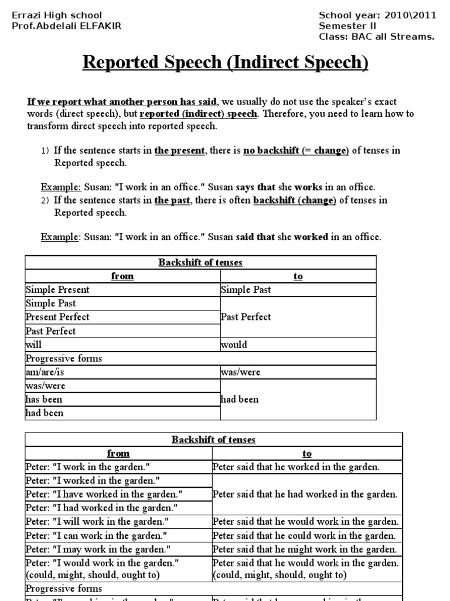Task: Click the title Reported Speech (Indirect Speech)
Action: [x=226, y=63]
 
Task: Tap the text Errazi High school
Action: [x=57, y=15]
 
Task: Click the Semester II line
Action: [x=348, y=26]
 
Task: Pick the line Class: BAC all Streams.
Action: [x=377, y=36]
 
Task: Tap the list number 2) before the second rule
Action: [x=45, y=200]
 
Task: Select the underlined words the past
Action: [x=169, y=200]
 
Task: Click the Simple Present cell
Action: [x=57, y=289]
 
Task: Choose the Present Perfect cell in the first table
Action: [x=57, y=317]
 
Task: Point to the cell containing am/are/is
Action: [x=43, y=372]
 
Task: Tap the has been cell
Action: [x=44, y=400]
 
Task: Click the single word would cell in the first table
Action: [x=234, y=345]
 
